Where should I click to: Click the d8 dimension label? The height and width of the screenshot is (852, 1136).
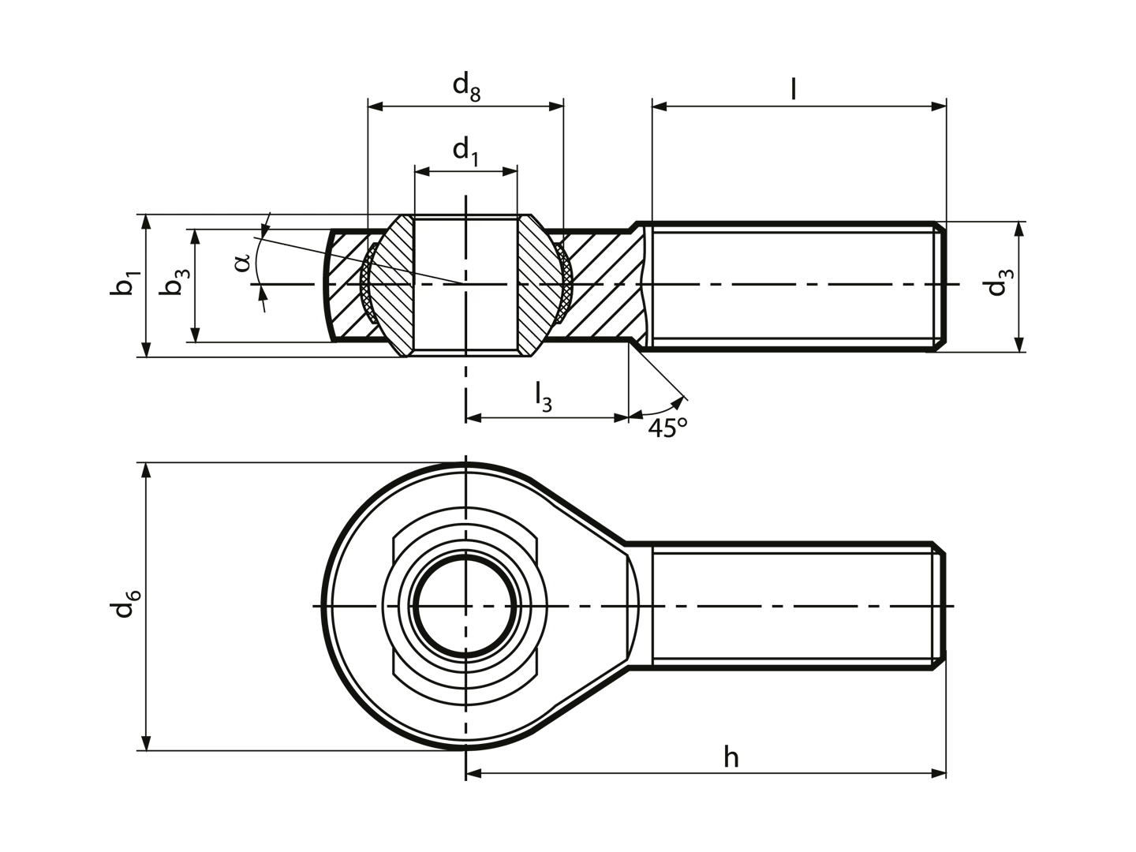tap(466, 86)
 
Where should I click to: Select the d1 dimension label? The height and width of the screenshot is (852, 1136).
tap(465, 151)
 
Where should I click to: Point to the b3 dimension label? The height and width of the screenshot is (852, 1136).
tap(174, 282)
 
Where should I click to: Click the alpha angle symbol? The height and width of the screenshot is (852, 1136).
tap(241, 262)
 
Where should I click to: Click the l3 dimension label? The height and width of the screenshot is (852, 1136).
tap(543, 397)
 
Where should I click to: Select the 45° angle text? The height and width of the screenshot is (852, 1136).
tap(667, 428)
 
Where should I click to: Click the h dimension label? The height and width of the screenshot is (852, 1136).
tap(731, 757)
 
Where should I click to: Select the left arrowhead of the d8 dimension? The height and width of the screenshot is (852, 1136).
tap(375, 106)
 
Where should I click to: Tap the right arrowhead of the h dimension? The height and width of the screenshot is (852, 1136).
tap(939, 774)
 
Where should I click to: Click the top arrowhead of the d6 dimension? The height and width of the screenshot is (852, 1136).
tap(147, 470)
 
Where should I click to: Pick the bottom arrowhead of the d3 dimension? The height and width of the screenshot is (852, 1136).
tap(1019, 345)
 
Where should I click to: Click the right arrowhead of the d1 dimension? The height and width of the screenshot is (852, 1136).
tap(510, 172)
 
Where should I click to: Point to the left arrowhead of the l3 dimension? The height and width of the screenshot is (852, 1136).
tap(473, 418)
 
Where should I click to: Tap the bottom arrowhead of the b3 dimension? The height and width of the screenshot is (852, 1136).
tap(195, 334)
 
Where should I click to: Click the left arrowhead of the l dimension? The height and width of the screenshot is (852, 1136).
tap(660, 106)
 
